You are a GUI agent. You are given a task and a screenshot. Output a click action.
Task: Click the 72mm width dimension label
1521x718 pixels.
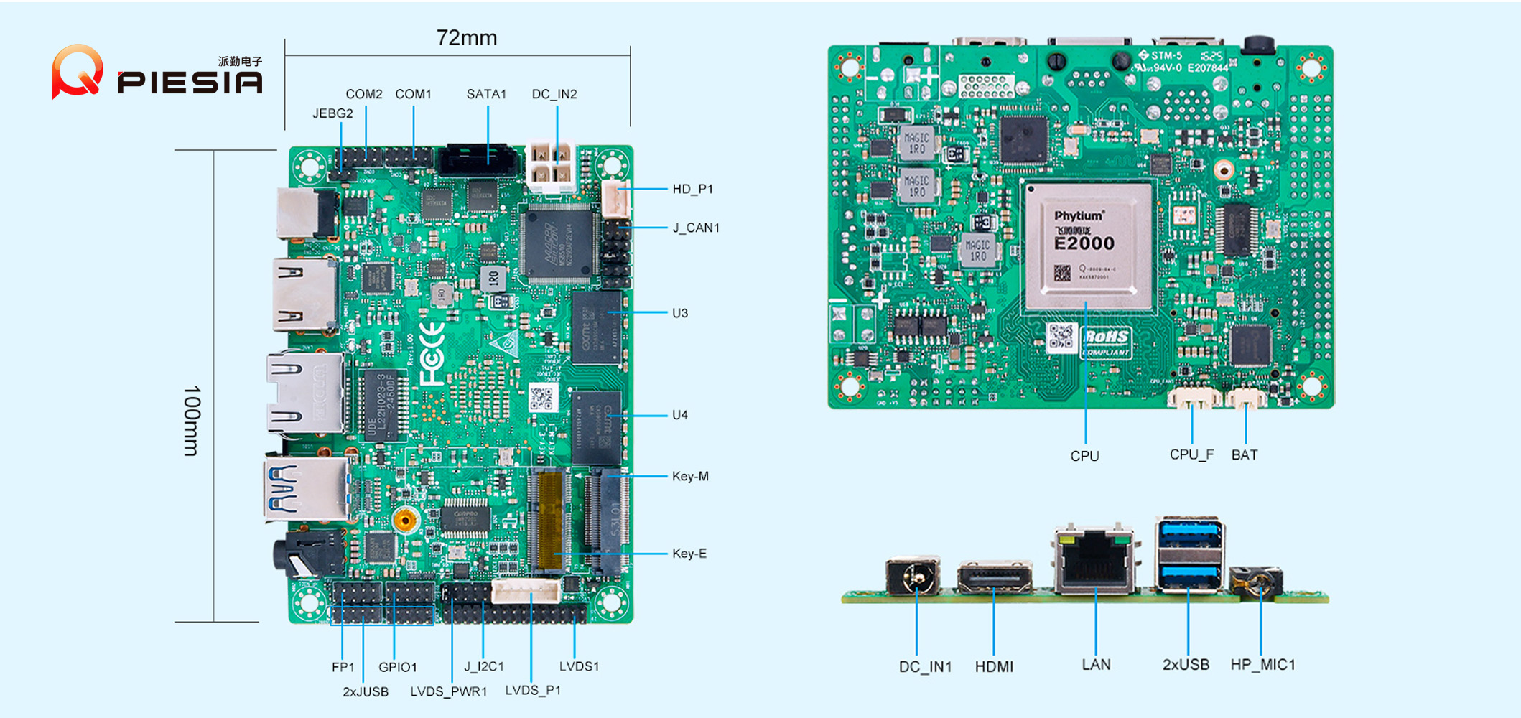[x=466, y=38]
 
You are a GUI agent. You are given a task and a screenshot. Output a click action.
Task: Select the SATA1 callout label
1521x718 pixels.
[x=486, y=94]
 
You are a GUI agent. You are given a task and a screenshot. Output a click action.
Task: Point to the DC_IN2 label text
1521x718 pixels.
[x=554, y=94]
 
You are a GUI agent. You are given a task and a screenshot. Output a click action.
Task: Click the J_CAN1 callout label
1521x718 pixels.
[x=695, y=228]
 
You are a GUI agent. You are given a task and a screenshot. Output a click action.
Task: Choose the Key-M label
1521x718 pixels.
[x=689, y=476]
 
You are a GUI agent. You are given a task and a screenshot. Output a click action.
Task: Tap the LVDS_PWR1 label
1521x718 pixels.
[x=448, y=691]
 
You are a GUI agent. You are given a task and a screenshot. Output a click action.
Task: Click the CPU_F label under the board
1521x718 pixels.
[x=1191, y=454]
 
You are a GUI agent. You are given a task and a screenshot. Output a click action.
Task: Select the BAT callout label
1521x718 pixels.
[x=1244, y=454]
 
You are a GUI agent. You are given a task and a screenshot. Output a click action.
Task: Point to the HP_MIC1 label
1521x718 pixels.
[x=1262, y=665]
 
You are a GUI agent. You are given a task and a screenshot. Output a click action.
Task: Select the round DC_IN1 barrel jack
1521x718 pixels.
[x=913, y=577]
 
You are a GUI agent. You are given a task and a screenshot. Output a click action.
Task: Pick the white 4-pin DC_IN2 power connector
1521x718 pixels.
[x=552, y=166]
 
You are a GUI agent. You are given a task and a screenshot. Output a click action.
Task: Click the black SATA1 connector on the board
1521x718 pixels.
[x=478, y=160]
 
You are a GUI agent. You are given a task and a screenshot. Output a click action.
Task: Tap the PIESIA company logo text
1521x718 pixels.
[x=190, y=82]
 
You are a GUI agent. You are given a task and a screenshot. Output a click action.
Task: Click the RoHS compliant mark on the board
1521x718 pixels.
[x=1106, y=340]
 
